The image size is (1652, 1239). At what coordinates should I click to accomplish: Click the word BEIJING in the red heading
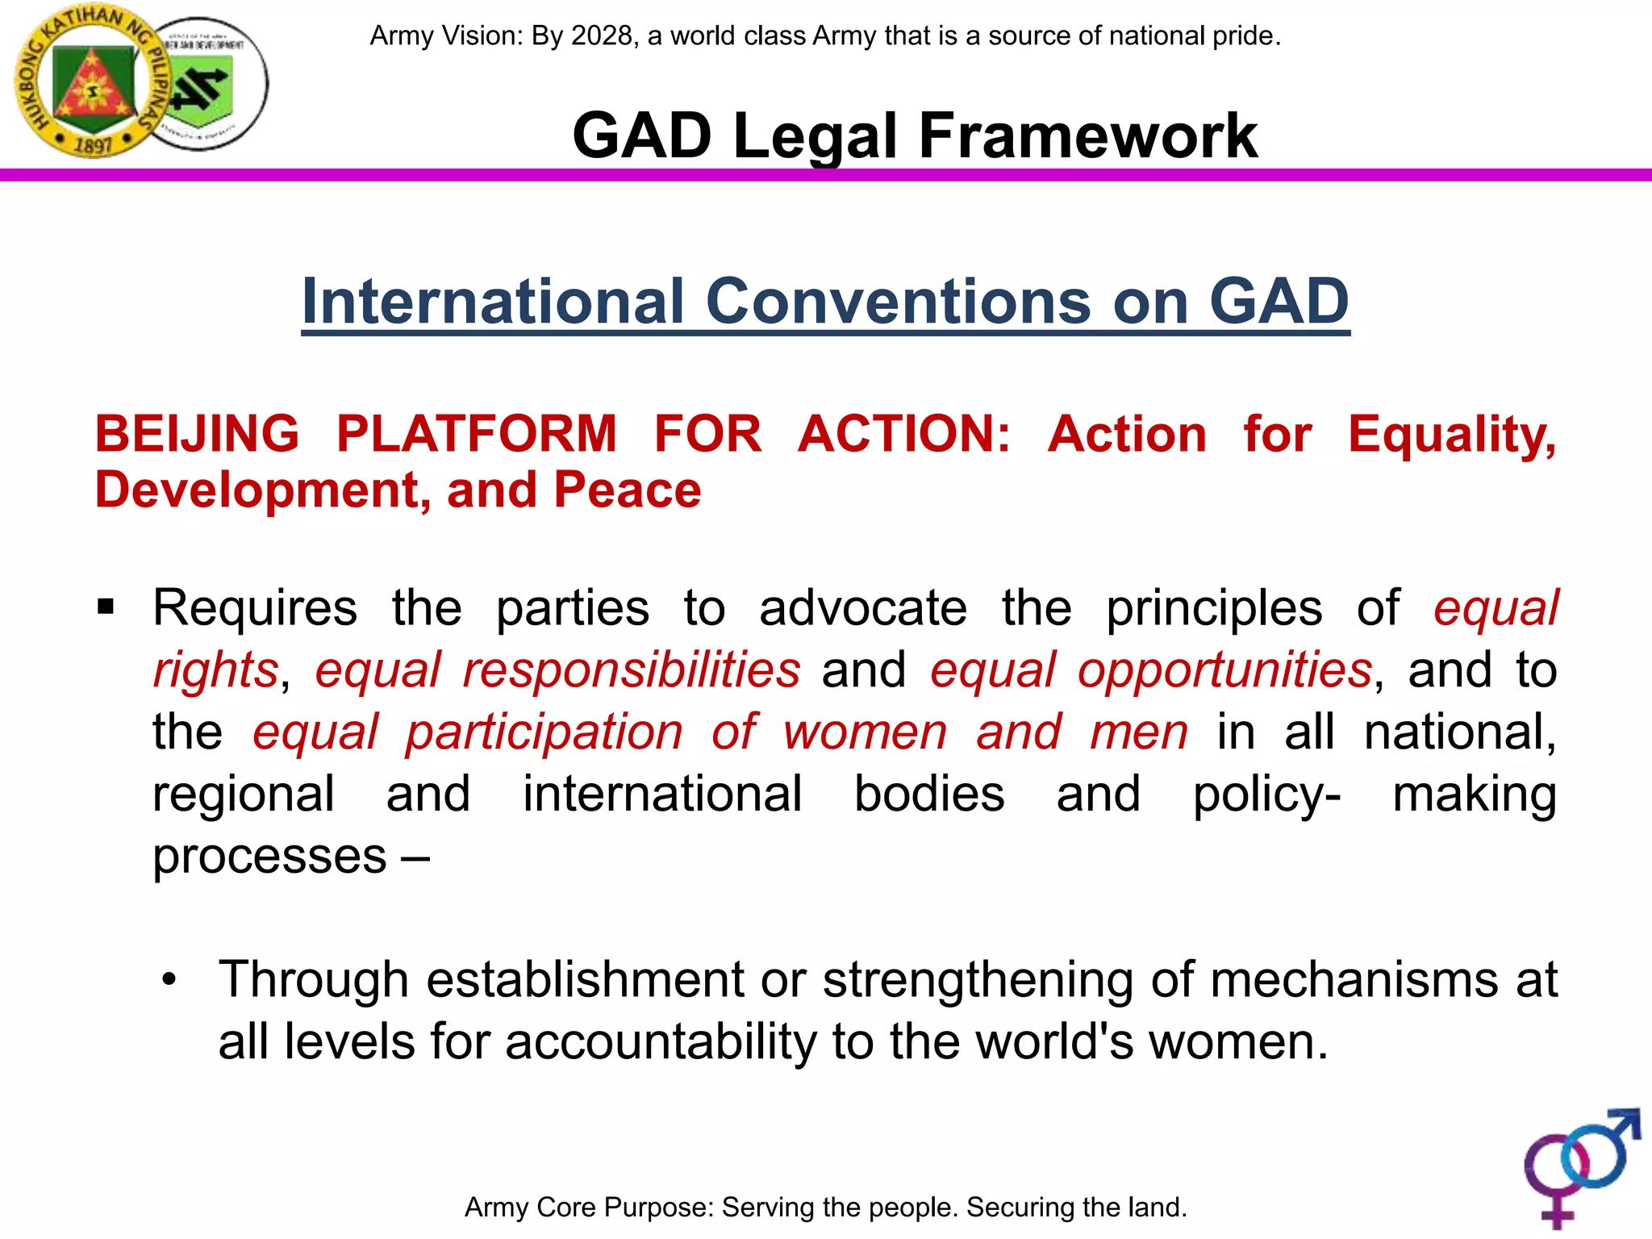(197, 434)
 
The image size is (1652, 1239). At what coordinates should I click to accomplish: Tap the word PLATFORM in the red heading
(476, 434)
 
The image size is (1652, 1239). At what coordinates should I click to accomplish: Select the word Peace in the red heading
(627, 490)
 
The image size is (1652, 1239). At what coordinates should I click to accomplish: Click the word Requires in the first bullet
(255, 607)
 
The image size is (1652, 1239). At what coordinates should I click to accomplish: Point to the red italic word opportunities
(1224, 670)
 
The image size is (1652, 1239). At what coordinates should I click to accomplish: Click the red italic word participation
(544, 732)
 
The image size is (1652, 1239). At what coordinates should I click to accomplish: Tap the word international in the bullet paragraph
(662, 794)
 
